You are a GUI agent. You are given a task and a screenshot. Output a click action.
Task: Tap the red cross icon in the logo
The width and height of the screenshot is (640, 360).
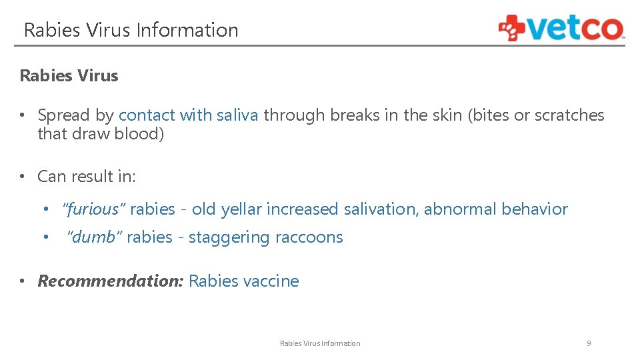point(511,28)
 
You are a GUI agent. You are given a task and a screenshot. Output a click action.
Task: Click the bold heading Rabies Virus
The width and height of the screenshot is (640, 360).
point(69,75)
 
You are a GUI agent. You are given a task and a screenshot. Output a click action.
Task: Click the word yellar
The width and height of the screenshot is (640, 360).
point(241,209)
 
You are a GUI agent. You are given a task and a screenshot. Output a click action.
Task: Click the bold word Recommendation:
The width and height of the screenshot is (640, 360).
point(110,281)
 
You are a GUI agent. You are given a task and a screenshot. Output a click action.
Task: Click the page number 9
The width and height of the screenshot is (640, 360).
point(589,343)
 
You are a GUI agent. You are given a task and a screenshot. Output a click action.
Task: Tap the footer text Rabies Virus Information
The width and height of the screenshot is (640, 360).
point(320,343)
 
